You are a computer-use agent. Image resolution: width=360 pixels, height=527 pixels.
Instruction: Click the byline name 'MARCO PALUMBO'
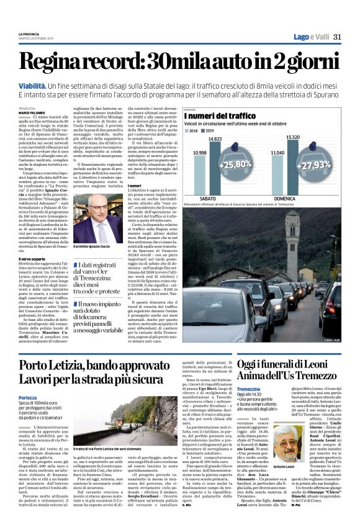coord(31,112)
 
